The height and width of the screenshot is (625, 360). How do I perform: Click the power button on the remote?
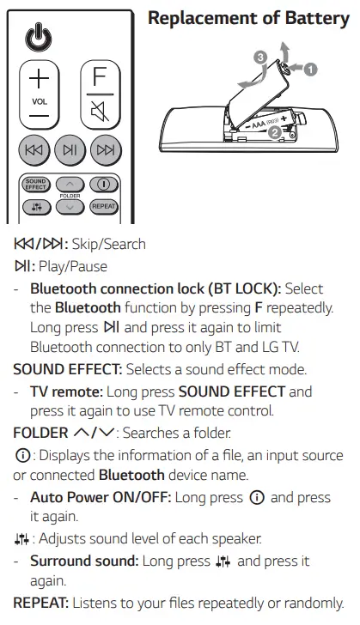click(x=40, y=38)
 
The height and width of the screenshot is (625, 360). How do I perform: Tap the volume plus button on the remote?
click(x=40, y=78)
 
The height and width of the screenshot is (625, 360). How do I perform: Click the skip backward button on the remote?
click(x=34, y=151)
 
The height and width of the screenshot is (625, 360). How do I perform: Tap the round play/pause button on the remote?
click(x=70, y=151)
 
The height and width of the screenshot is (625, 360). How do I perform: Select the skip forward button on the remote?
click(x=105, y=151)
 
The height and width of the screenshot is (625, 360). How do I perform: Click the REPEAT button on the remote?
click(x=103, y=206)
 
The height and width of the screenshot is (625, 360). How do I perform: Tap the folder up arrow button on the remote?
click(x=70, y=184)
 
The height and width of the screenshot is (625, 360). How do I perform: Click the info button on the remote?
click(x=103, y=184)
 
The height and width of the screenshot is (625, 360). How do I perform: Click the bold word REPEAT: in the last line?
click(x=41, y=603)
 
